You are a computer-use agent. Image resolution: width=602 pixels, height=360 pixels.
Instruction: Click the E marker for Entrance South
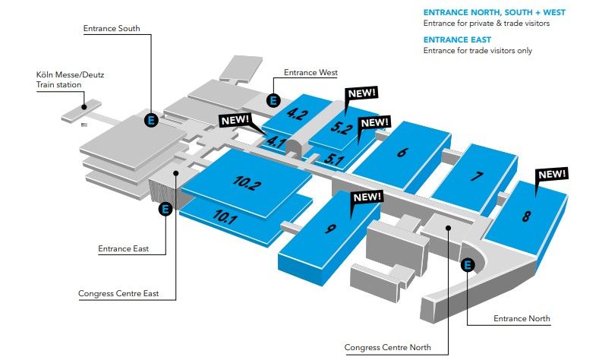click(x=151, y=120)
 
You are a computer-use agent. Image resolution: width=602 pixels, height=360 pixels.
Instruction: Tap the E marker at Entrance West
click(x=273, y=101)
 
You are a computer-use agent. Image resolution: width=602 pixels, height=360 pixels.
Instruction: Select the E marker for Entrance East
click(x=165, y=210)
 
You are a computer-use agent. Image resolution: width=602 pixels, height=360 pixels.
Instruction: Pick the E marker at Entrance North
click(x=468, y=265)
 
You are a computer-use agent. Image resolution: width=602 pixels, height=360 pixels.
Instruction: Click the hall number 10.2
click(x=247, y=182)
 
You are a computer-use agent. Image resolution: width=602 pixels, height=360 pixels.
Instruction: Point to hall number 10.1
click(x=225, y=216)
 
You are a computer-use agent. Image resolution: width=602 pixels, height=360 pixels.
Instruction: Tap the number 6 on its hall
click(x=402, y=152)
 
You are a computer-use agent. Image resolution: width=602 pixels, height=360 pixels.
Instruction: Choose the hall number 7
click(x=477, y=176)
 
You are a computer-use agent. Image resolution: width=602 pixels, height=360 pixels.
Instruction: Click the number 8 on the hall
click(x=526, y=216)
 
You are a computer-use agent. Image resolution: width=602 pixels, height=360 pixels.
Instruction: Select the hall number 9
click(x=330, y=229)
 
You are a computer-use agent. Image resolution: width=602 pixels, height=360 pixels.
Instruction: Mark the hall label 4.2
click(x=297, y=114)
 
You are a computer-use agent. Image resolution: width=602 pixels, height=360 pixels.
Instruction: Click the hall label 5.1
click(x=333, y=159)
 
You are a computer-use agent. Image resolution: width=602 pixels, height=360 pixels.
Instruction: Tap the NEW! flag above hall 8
click(x=552, y=175)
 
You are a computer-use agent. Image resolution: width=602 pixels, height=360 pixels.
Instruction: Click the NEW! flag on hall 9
click(x=367, y=197)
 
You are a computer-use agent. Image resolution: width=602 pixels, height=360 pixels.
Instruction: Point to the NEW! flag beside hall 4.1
click(x=235, y=120)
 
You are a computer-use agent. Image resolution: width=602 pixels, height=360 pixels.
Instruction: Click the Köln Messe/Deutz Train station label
click(x=70, y=80)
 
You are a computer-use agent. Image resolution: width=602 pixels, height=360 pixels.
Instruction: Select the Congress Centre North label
click(x=387, y=347)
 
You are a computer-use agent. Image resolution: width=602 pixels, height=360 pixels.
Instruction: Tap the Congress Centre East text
click(x=118, y=293)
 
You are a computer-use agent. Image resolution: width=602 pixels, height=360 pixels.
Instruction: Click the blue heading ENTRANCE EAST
click(x=457, y=39)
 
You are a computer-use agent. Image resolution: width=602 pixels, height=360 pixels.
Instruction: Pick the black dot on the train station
click(x=84, y=107)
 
